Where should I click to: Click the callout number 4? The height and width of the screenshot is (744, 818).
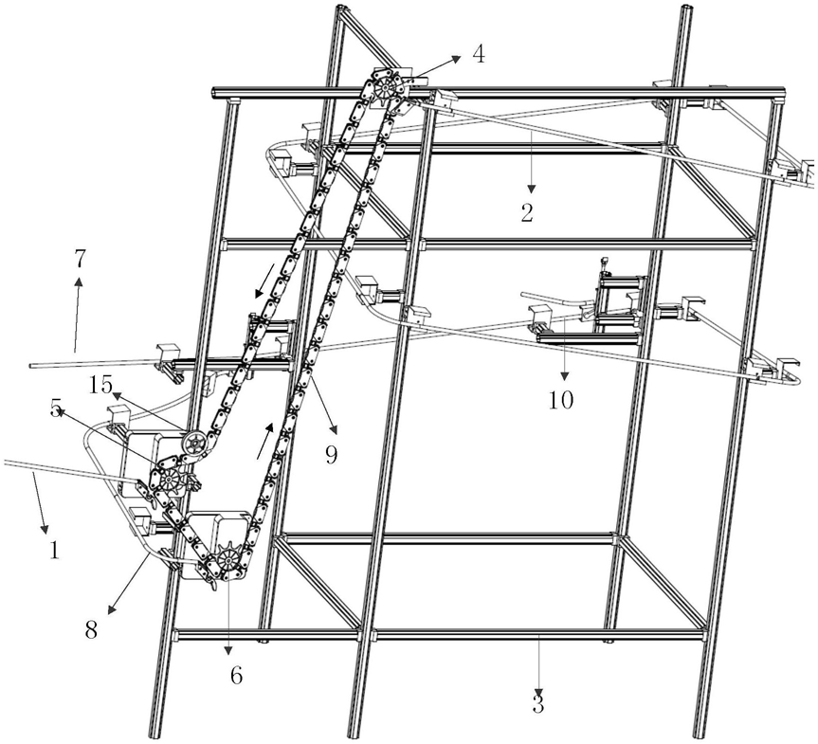479,54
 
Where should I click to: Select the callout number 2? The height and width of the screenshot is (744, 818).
527,211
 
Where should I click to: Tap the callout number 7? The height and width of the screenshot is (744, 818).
80,258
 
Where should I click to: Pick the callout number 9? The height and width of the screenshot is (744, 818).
330,454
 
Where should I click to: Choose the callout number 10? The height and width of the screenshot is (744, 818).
561,399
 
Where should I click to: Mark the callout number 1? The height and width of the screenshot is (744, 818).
54,549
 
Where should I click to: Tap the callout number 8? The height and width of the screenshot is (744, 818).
91,629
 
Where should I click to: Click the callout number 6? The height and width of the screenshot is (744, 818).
235,675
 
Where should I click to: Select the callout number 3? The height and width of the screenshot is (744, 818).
538,703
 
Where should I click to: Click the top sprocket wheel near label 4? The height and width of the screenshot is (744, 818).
387,91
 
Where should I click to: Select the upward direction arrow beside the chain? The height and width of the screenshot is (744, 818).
265,442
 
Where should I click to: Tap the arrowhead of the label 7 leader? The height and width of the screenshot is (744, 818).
80,281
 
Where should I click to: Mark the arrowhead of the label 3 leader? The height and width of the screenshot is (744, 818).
539,684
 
